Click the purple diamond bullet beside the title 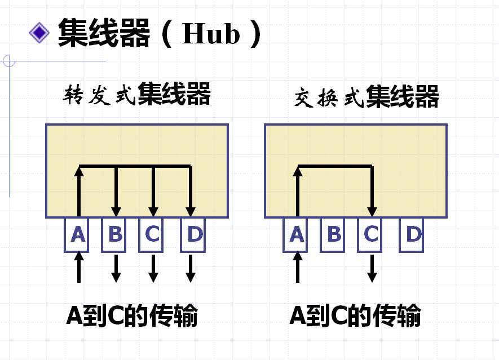tap(39, 33)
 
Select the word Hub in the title tap(211, 34)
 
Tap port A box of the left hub tap(78, 234)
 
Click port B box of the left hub tap(115, 234)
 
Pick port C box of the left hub tap(152, 234)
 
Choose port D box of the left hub tap(193, 234)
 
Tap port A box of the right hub tap(297, 234)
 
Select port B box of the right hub tap(334, 234)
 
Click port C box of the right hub tap(371, 234)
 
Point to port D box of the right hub tap(412, 234)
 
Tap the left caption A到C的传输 tap(132, 316)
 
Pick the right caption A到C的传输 tap(355, 316)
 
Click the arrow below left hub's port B tap(116, 268)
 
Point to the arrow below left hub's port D tap(191, 268)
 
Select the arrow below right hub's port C tap(372, 268)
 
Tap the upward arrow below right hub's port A tap(297, 267)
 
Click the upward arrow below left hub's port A tap(79, 267)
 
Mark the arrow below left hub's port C tap(153, 268)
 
